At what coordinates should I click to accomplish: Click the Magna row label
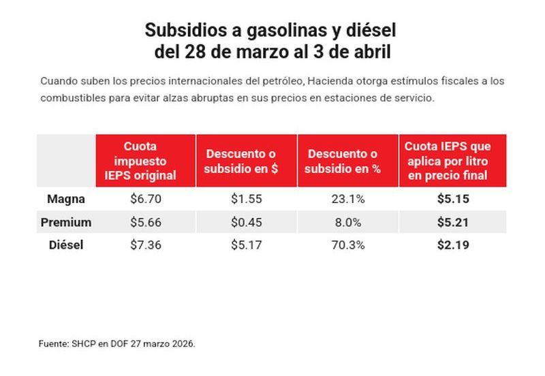click(66, 200)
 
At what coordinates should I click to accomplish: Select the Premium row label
click(66, 222)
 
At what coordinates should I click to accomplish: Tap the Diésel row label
click(66, 245)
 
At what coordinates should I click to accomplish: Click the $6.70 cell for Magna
click(145, 200)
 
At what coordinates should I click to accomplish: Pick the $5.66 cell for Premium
click(145, 222)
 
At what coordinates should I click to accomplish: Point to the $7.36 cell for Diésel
click(145, 245)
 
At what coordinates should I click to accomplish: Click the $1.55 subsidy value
click(246, 200)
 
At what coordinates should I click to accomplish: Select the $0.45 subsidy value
click(246, 222)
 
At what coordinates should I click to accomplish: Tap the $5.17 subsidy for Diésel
click(246, 245)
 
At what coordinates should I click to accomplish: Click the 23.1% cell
click(347, 200)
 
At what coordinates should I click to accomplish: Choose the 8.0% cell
click(347, 222)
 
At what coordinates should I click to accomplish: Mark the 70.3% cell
click(347, 245)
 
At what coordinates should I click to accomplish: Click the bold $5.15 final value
click(452, 200)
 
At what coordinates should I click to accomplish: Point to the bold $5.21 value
click(452, 222)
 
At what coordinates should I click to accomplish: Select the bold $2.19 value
click(452, 245)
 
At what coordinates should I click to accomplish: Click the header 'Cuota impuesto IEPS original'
click(145, 161)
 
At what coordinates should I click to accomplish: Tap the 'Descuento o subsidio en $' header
click(246, 161)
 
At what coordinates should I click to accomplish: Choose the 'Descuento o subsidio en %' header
click(347, 161)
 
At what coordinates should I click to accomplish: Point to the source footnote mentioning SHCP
click(116, 344)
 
